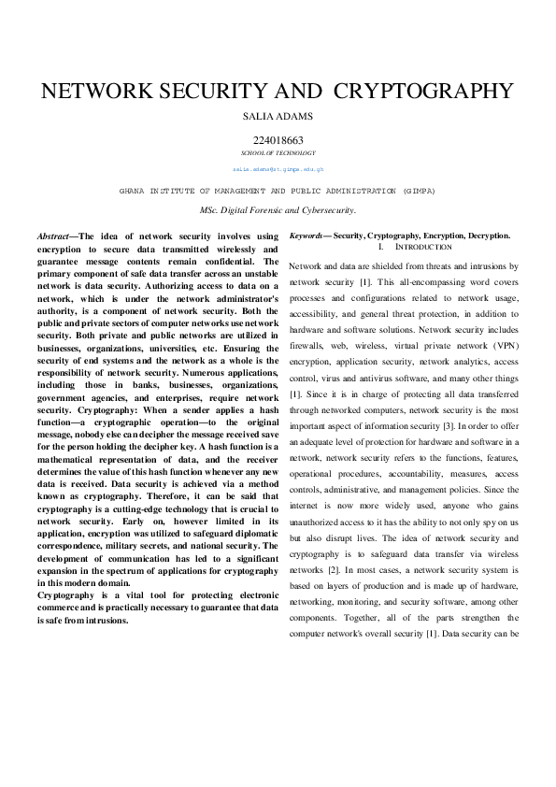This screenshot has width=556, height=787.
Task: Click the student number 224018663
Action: pos(278,140)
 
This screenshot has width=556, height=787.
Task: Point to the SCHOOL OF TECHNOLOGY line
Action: pos(278,152)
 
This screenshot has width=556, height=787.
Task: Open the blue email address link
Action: pos(278,169)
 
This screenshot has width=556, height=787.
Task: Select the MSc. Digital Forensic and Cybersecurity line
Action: pos(278,210)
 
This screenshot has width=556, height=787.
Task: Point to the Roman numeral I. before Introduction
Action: pos(380,247)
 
